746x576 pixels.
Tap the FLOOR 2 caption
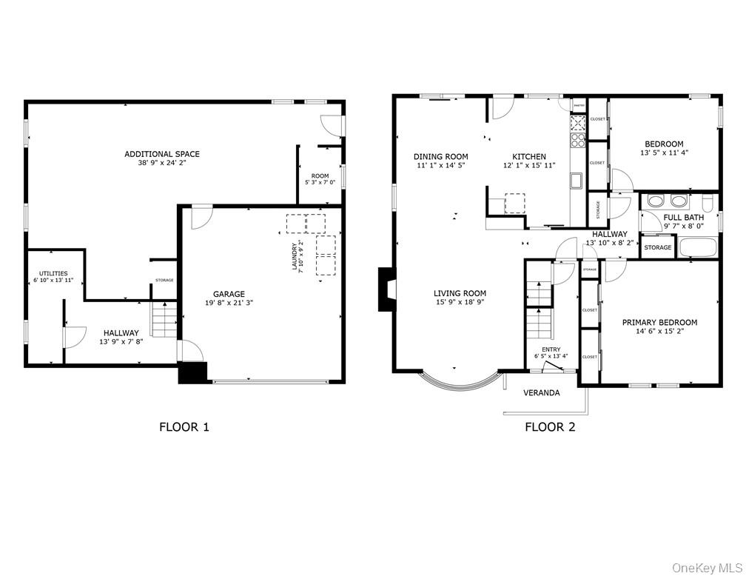550,426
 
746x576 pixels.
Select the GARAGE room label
229,294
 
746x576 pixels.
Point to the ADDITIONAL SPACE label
161,154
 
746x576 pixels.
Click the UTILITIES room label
53,273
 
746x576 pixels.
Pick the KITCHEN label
529,156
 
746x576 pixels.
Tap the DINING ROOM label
440,156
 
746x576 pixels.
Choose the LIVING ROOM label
460,293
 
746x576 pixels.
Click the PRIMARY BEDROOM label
659,322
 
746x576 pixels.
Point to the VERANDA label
541,392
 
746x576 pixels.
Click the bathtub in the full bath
698,248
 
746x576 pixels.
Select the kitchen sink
576,180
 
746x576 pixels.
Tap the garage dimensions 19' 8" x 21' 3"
229,302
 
